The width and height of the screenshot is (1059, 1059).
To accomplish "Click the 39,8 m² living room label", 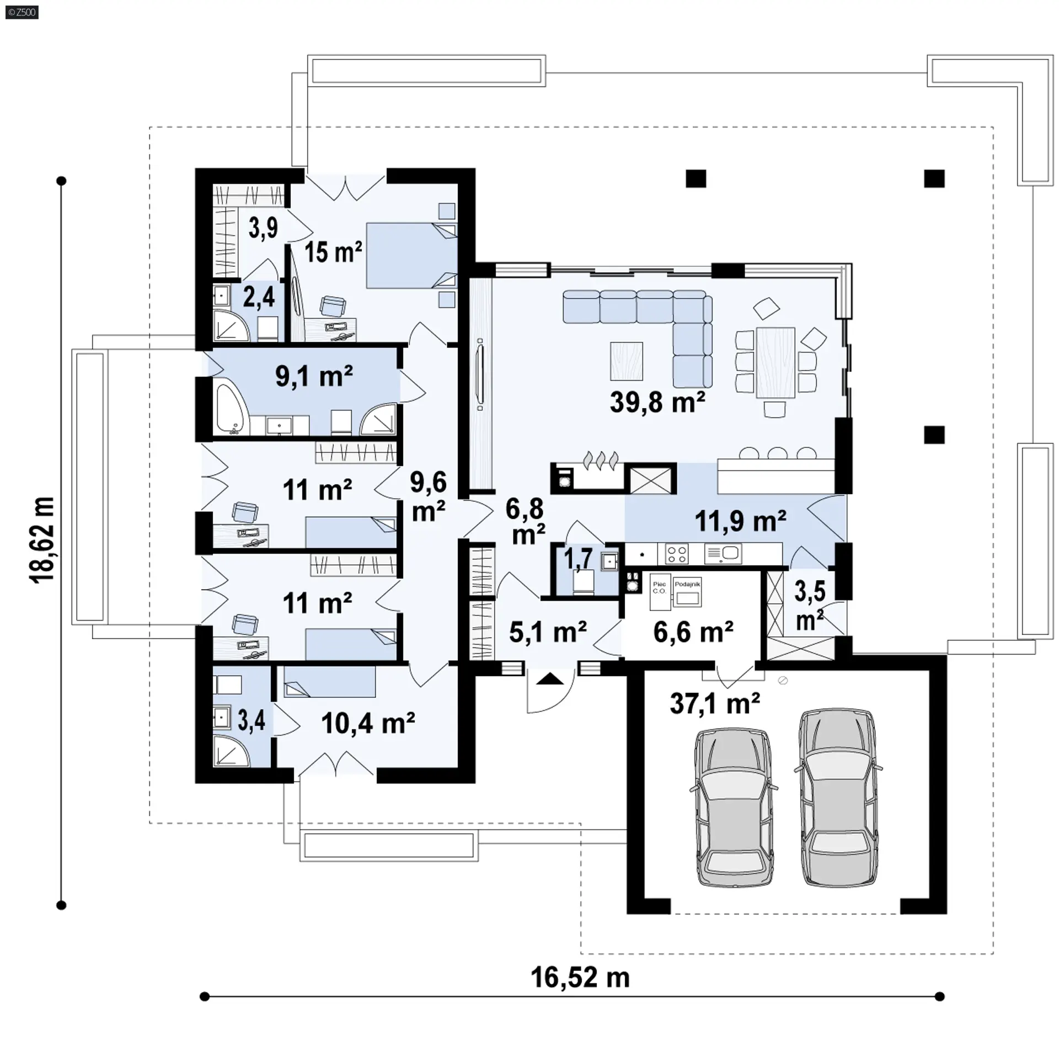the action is (x=657, y=402).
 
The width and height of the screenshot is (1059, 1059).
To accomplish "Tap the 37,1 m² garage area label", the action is (x=715, y=703).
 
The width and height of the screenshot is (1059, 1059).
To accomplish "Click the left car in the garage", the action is (x=733, y=808).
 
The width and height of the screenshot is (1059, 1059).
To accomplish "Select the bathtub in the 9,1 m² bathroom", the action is (x=231, y=409).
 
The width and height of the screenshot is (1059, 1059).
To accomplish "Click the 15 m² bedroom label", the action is (x=333, y=252).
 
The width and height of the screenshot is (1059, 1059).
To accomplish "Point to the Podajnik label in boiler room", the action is (x=687, y=584).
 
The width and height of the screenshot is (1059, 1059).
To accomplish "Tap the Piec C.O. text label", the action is (x=659, y=587).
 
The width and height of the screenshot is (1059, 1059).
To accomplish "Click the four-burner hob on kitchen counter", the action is (x=677, y=554).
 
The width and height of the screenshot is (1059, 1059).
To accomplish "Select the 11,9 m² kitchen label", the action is (x=740, y=521).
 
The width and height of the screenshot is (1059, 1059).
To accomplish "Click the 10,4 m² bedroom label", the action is (x=368, y=723).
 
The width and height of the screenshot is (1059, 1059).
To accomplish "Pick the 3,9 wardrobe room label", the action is (x=263, y=228).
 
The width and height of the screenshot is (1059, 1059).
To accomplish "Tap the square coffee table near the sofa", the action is (x=627, y=361).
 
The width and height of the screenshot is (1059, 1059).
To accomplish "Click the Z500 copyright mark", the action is (x=22, y=12).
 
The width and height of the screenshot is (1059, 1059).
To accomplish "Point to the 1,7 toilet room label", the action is (x=577, y=558).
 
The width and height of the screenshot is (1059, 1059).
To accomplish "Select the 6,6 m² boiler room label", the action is (x=693, y=632).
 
